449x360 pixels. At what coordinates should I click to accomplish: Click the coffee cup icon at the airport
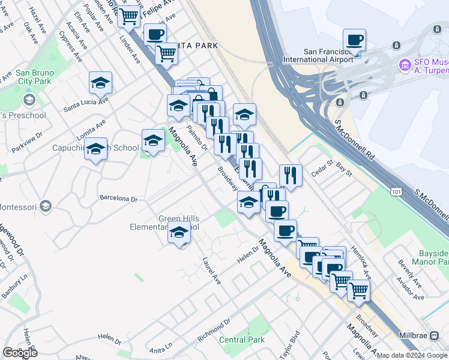(x=354, y=40)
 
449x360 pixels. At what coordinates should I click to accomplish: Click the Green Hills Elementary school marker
(x=178, y=234)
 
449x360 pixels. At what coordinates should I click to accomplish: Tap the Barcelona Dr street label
(x=118, y=198)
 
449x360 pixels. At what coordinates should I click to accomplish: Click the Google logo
(x=19, y=352)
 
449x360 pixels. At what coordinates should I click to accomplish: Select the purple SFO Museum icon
(x=405, y=64)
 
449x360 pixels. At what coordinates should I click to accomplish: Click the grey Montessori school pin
(x=45, y=207)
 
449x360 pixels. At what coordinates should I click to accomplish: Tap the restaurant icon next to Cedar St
(x=291, y=175)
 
